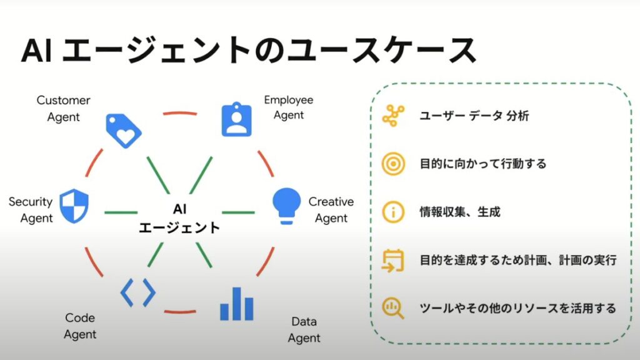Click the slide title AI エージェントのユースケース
coord(249,52)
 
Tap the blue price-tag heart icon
coord(123,131)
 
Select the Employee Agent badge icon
coord(237,119)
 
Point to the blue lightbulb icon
coord(287,204)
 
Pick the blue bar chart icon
coord(237,304)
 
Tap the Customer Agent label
coord(63,108)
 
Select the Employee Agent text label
coord(288,107)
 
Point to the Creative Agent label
coord(331,210)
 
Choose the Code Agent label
coord(80,326)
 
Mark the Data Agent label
coord(304,330)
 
